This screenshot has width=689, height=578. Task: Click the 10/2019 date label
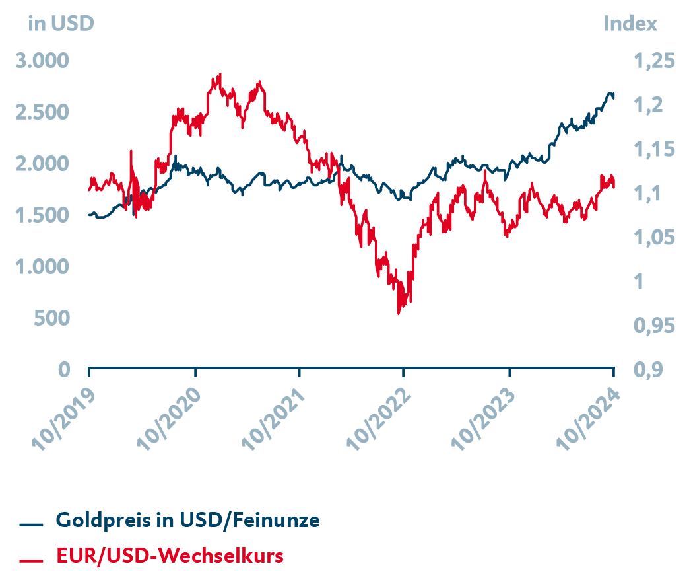(x=65, y=417)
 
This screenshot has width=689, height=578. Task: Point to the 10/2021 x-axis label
(x=275, y=417)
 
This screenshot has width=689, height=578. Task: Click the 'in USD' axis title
(x=61, y=24)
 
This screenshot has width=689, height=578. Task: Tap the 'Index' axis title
(x=630, y=24)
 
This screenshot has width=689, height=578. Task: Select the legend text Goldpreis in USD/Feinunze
(x=188, y=521)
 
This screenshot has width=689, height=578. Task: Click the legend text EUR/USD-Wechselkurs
(x=170, y=556)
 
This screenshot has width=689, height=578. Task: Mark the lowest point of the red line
(x=398, y=313)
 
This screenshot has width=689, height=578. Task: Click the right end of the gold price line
(x=614, y=97)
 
